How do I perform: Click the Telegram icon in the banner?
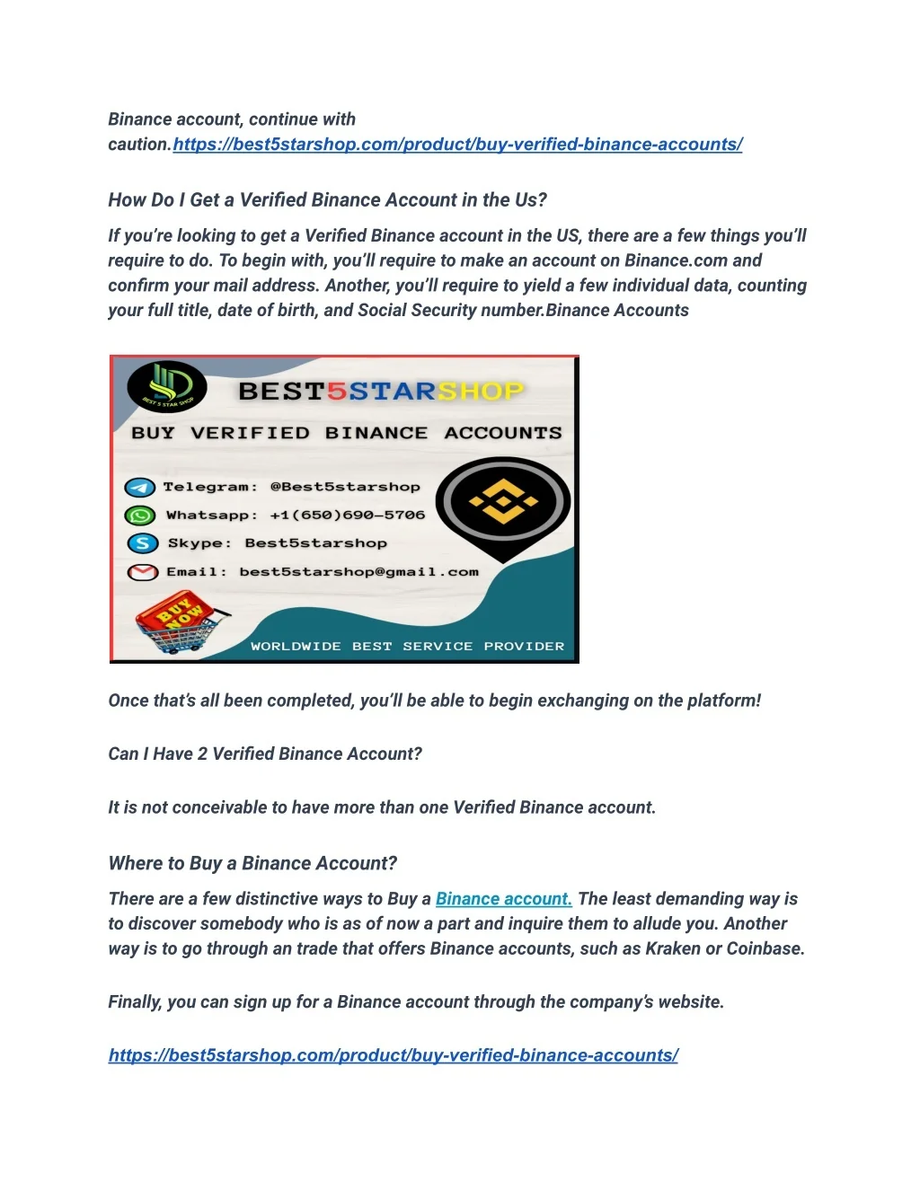click(139, 488)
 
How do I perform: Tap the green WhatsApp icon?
click(139, 516)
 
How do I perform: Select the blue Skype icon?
click(142, 543)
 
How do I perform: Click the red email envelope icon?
click(142, 572)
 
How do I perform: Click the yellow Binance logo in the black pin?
click(503, 503)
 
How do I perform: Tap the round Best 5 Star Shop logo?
click(167, 387)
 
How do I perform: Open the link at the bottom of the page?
click(394, 1055)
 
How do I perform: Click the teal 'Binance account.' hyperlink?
click(503, 899)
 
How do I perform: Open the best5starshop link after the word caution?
click(457, 145)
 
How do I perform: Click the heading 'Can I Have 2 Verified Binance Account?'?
click(265, 754)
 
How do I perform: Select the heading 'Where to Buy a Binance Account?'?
click(252, 864)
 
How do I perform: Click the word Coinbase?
click(764, 949)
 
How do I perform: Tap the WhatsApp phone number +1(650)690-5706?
click(347, 516)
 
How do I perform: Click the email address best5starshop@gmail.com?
click(358, 572)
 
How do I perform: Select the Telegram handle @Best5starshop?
click(345, 487)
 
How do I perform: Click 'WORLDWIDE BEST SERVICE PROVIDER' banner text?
click(407, 647)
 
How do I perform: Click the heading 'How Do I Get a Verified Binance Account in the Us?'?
click(327, 200)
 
